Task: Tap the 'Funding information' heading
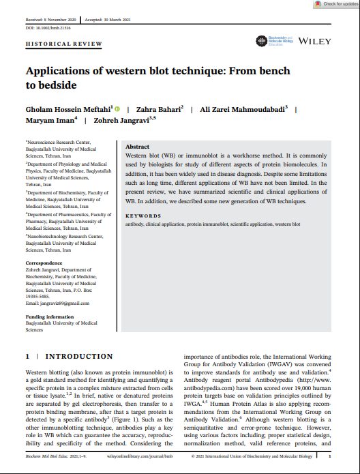tap(50, 317)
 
